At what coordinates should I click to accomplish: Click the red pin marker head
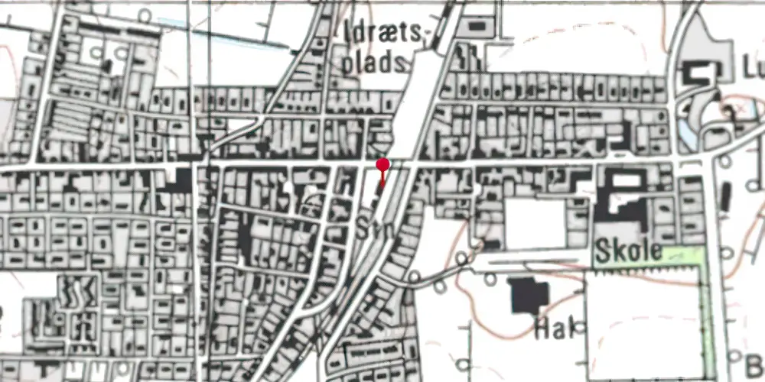point(382,164)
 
